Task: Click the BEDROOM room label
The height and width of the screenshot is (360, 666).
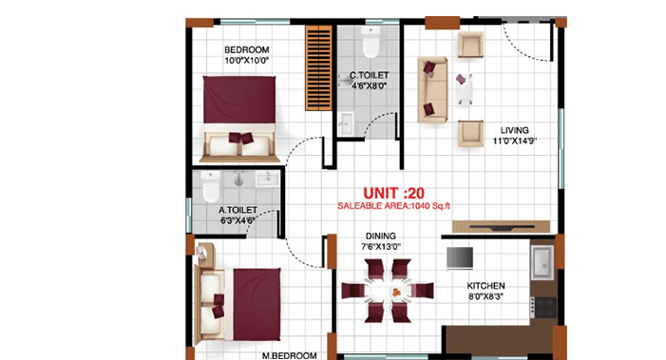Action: [247, 49]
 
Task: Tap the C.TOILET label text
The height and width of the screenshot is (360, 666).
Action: [366, 75]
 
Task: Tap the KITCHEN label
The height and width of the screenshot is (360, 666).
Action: [485, 286]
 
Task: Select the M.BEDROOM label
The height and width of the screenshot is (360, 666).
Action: [289, 355]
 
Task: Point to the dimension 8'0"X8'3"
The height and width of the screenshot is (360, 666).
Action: [485, 296]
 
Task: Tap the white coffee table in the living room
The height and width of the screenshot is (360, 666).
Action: [463, 87]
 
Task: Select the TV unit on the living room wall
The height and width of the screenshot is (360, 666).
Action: [504, 226]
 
